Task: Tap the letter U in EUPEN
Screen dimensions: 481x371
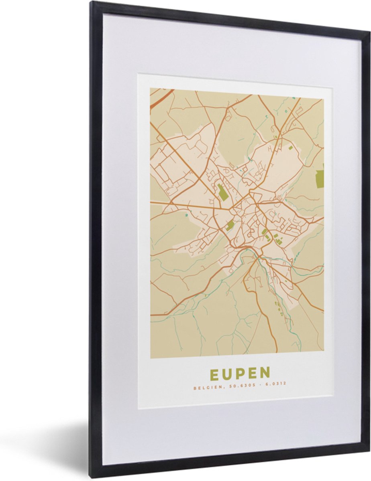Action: (x=227, y=374)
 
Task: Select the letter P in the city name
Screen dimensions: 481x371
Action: (x=240, y=374)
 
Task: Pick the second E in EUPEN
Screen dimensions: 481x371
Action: (x=252, y=374)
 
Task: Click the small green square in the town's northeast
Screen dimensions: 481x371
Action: (x=291, y=148)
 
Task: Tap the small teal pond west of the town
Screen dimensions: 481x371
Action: (x=186, y=215)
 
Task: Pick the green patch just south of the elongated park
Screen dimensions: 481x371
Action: (x=230, y=226)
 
